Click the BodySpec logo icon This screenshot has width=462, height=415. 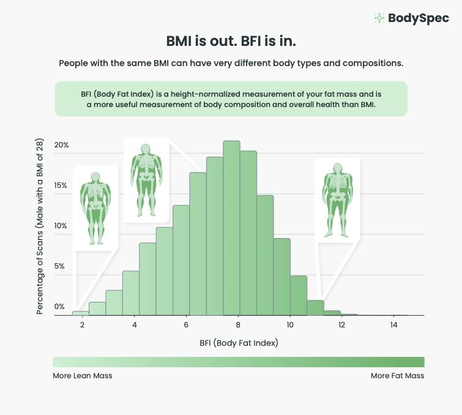(x=379, y=18)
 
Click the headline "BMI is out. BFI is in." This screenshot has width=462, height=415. (x=231, y=42)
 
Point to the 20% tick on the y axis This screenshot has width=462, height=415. (x=61, y=145)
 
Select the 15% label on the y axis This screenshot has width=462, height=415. (x=61, y=185)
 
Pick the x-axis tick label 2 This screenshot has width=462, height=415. (x=81, y=325)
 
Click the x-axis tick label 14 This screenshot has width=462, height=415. (x=393, y=325)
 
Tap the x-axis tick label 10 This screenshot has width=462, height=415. (x=289, y=325)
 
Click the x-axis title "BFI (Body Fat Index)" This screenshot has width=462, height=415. (x=239, y=343)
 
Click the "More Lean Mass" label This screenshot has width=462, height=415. (x=83, y=376)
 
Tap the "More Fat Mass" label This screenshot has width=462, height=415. (x=397, y=376)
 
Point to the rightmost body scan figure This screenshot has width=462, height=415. (x=337, y=199)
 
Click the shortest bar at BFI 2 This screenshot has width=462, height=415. (x=81, y=313)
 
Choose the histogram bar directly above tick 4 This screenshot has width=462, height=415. (x=131, y=293)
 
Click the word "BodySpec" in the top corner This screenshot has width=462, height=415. (x=419, y=18)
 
